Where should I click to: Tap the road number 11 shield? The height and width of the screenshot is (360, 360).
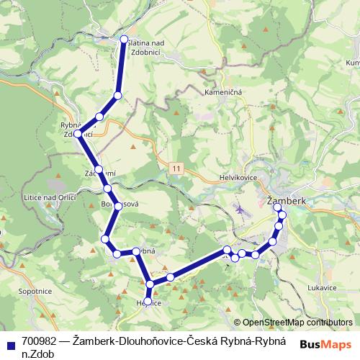(177, 167)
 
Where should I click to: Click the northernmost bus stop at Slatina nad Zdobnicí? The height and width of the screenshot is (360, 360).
(124, 40)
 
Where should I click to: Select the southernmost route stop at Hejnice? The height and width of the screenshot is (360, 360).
(148, 301)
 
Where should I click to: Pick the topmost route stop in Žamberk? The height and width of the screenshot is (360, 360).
(278, 207)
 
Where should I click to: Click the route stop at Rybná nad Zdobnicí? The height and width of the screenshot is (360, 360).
(78, 133)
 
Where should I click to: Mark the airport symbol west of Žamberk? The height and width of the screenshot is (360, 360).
(239, 210)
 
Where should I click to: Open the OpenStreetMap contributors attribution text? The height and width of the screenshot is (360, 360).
(297, 323)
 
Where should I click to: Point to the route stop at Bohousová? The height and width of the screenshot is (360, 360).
(117, 207)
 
